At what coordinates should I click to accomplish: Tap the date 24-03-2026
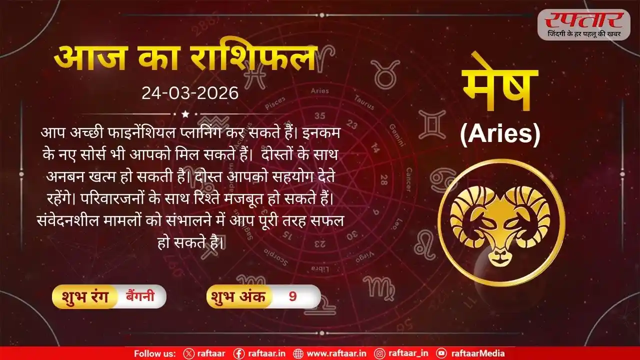190,93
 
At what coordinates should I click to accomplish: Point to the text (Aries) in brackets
500,135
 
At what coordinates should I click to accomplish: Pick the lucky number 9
292,297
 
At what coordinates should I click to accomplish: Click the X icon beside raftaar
188,353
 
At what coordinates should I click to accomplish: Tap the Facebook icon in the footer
239,353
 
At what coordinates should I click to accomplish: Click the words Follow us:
154,353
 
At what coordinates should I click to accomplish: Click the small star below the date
185,114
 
